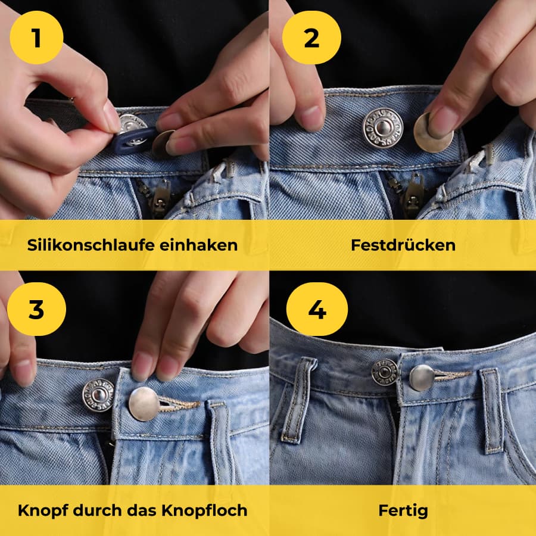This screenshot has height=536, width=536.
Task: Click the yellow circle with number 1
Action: (36, 38)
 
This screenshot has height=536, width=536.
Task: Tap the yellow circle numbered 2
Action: (311, 38)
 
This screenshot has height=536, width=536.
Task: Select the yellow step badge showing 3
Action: (36, 310)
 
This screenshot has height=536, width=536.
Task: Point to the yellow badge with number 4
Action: (317, 310)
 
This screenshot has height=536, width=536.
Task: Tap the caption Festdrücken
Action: (403, 245)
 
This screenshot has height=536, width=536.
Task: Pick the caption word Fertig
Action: (403, 510)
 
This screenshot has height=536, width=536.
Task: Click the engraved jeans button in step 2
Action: (382, 127)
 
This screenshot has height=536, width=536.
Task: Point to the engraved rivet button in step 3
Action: (98, 395)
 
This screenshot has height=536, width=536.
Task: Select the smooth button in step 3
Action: (144, 403)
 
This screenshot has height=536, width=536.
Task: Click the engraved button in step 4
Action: (385, 372)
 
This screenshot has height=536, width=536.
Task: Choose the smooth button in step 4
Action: (422, 378)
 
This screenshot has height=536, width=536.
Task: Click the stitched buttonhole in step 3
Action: (179, 406)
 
